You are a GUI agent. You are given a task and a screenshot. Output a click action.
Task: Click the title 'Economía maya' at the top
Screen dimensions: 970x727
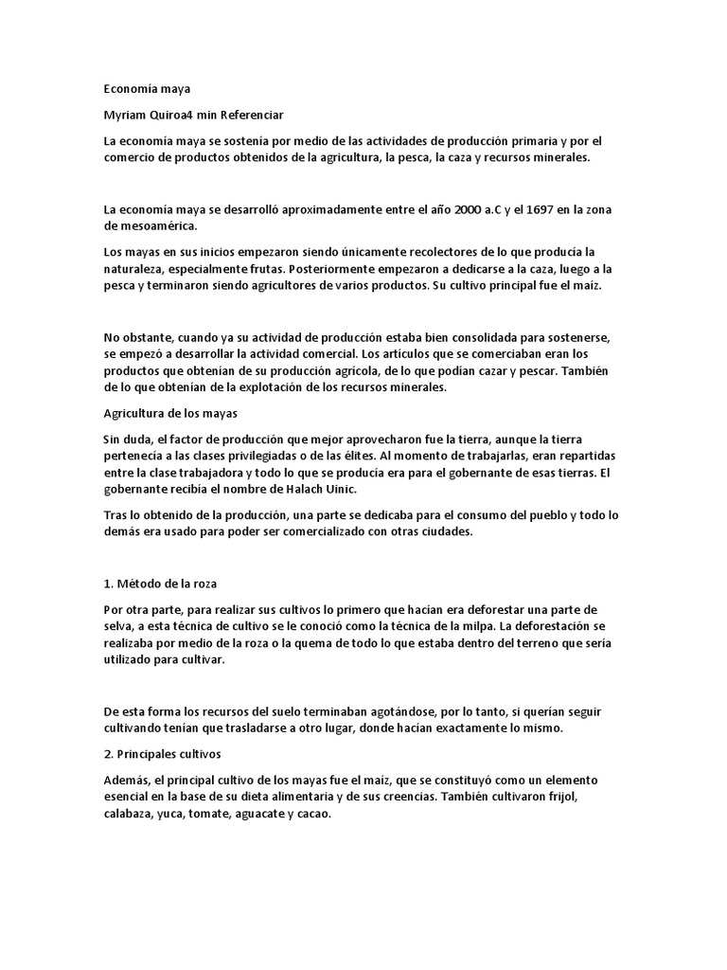click(x=147, y=89)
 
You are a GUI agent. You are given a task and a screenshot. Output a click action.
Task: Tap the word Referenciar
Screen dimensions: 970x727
click(x=251, y=116)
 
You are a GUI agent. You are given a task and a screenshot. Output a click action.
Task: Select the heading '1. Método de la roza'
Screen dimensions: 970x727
click(x=160, y=584)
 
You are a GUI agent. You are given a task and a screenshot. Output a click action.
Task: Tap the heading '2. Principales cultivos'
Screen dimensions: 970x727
click(x=161, y=754)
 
